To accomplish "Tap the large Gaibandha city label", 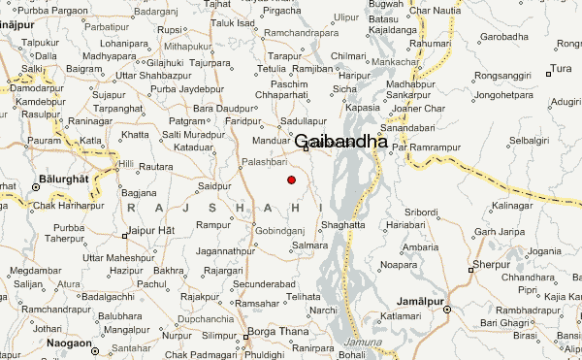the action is tap(340, 141).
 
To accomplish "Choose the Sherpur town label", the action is tap(491, 265).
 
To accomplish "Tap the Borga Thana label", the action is tap(276, 332).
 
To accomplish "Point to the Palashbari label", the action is tap(266, 163).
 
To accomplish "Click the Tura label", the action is tap(561, 68).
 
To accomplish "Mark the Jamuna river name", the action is tap(363, 344).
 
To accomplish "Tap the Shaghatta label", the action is tap(343, 224).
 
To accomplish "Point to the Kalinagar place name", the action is tap(513, 207).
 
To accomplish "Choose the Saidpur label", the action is tap(213, 184).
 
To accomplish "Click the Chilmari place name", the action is tap(349, 56).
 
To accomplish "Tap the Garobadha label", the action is tap(507, 36).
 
